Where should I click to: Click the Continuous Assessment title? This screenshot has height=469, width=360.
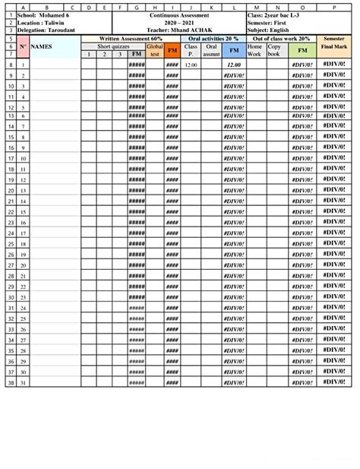click(179, 15)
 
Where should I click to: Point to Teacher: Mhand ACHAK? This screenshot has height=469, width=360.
click(179, 30)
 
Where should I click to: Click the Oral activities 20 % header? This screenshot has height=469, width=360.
click(213, 38)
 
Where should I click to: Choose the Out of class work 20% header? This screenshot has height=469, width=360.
click(281, 38)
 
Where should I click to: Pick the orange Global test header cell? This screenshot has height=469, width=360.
click(155, 50)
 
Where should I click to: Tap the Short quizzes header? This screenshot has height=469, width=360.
click(113, 46)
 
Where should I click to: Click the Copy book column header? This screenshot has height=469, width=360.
click(273, 50)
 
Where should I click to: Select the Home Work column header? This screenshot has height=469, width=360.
click(254, 50)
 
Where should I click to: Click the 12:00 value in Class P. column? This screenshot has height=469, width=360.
click(191, 65)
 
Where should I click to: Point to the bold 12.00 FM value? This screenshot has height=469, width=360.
click(233, 65)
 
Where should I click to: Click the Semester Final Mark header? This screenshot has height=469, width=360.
click(334, 43)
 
